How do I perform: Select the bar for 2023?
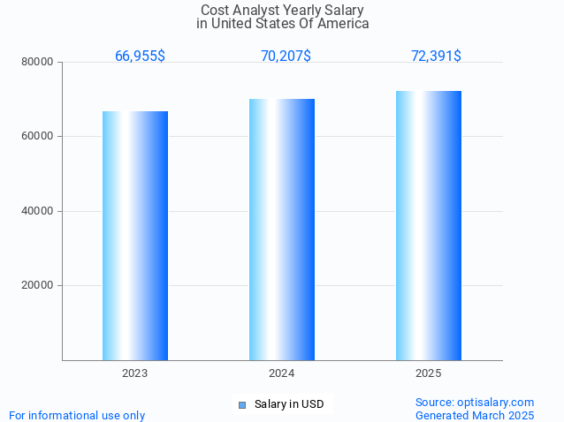pos(135,236)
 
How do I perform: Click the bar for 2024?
pos(282,230)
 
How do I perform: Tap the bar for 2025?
pos(429,225)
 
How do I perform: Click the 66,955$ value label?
pos(140,56)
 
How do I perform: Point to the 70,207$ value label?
pos(286,56)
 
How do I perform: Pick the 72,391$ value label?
pos(436,56)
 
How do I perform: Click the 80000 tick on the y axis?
pos(38,62)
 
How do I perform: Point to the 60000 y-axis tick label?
pos(38,137)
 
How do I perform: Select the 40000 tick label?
pos(38,211)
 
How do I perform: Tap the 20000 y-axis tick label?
pos(38,285)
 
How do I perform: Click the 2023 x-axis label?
pos(135,373)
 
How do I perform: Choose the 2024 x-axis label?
pos(282,373)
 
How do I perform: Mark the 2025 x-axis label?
pos(429,373)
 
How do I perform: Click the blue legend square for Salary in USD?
pos(241,405)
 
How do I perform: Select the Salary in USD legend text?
pos(289,404)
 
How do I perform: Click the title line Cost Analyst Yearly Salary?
pos(282,11)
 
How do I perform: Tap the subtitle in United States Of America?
pos(282,24)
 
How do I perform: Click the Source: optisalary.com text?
pos(475,402)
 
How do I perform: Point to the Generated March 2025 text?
pos(475,415)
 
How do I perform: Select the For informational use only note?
pos(77,415)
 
